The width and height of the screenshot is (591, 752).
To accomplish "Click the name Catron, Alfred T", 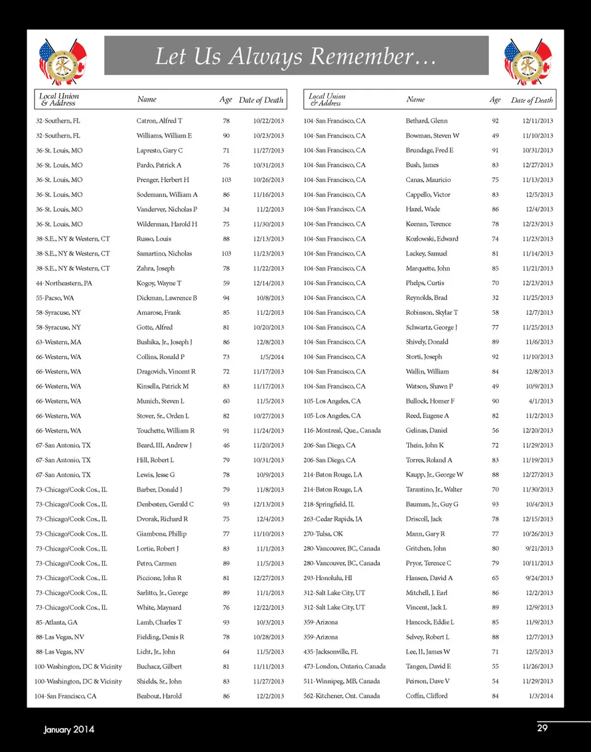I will coord(159,121).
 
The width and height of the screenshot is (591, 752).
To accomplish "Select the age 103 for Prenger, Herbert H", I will coord(226,180).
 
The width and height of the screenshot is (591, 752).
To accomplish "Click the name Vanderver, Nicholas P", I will coord(167,209).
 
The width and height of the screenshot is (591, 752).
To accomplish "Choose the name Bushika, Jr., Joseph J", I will coord(164,342).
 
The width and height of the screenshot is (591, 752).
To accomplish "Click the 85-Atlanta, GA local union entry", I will coord(57,623).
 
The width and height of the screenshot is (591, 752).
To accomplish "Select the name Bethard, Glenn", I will coord(427,121).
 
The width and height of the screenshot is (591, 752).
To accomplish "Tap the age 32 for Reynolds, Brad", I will coord(496,298).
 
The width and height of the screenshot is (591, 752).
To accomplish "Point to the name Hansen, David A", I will coord(429,578).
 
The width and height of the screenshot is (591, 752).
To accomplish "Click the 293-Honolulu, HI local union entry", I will coord(328,578).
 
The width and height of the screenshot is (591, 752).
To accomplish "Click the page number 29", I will coord(542,729).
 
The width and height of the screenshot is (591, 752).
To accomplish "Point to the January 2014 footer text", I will coord(69,730).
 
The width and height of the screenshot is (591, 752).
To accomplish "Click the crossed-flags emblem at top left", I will coord(62,61).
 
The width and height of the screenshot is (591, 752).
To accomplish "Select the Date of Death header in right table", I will coord(532,100).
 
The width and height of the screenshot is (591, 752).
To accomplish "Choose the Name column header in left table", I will coord(147,99).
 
